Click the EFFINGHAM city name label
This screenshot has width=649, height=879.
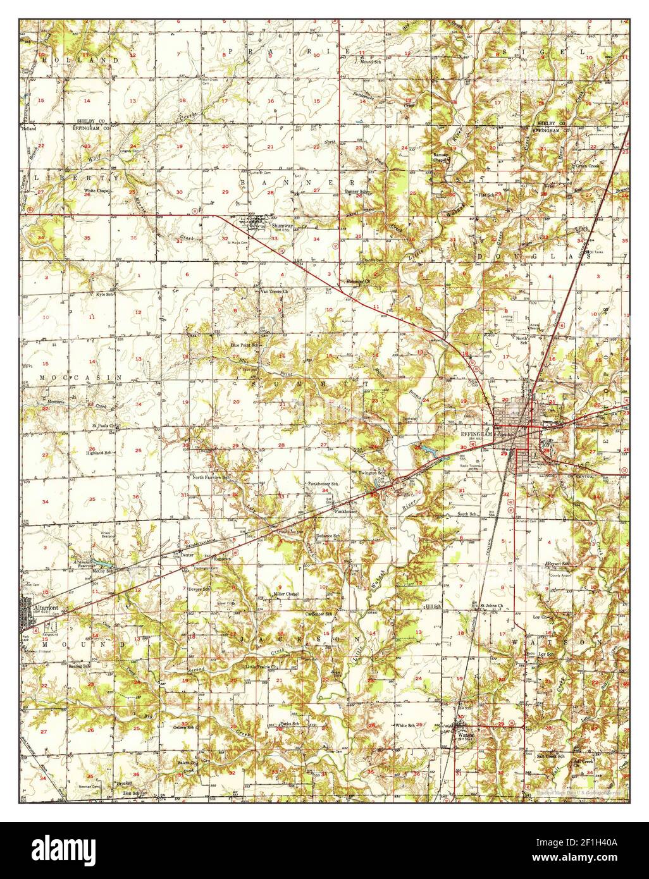[x=478, y=434]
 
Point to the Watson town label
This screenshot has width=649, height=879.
[x=464, y=734]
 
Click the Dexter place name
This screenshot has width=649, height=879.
[x=186, y=554]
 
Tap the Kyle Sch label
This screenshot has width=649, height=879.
[x=104, y=295]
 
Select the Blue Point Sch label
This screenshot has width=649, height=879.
[x=245, y=345]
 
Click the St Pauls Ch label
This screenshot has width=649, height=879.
[x=104, y=426]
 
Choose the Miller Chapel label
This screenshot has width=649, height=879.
[x=285, y=595]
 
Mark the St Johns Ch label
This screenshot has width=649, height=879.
[x=490, y=606]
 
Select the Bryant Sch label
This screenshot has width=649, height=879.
[x=559, y=563]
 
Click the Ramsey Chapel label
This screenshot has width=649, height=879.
[x=440, y=157]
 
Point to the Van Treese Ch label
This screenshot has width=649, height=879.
[x=275, y=292]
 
